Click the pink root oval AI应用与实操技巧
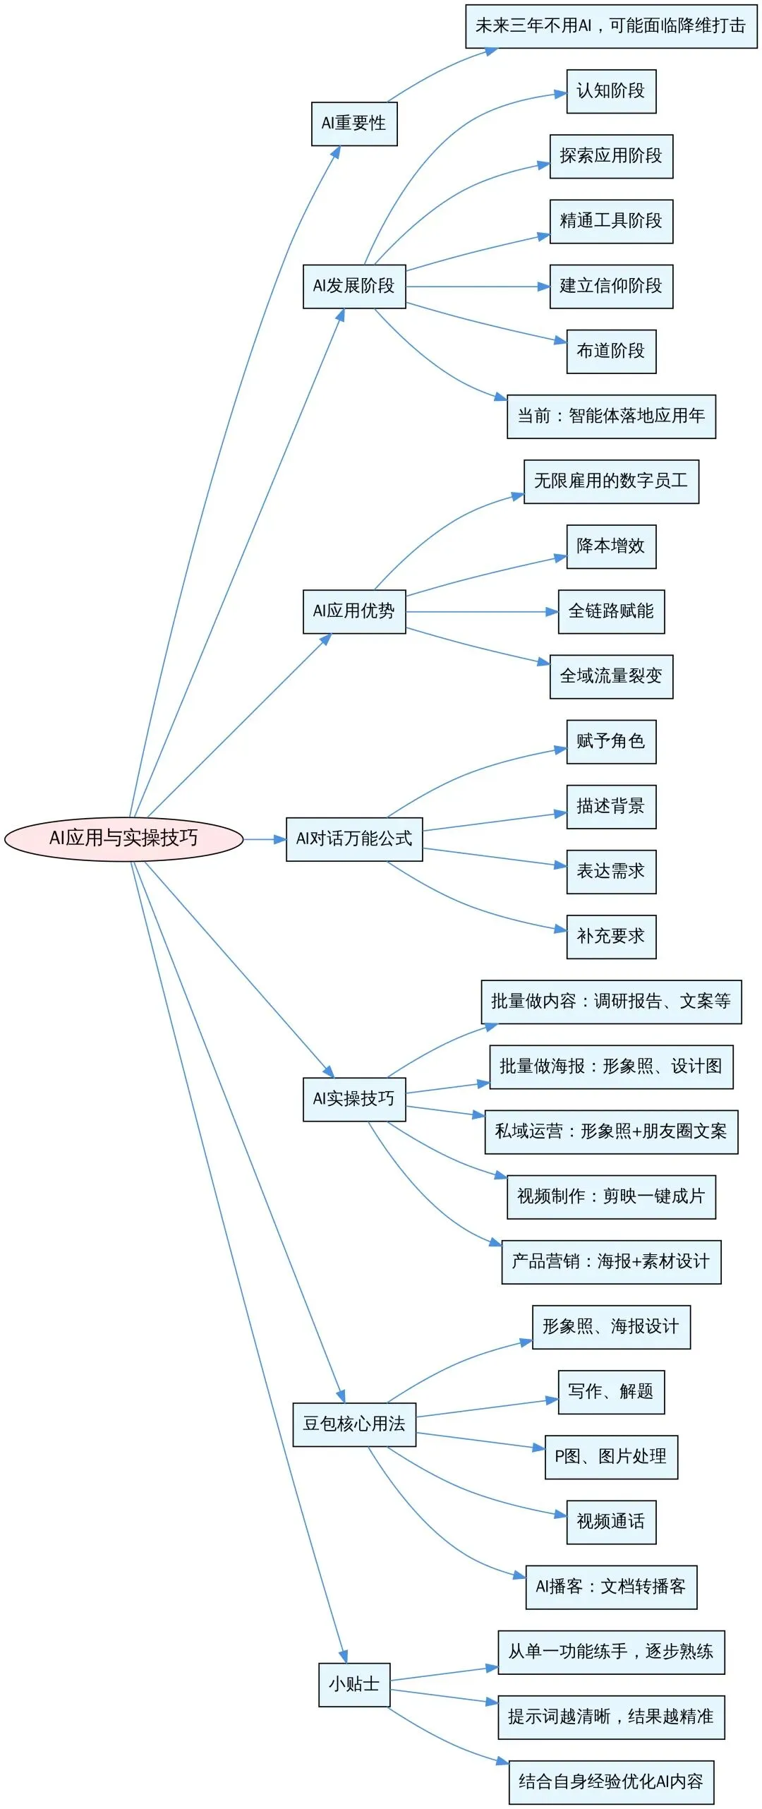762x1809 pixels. point(123,839)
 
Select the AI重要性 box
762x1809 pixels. point(354,124)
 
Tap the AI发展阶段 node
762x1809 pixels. point(354,286)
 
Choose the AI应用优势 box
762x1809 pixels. point(354,611)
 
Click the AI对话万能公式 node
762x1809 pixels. point(354,839)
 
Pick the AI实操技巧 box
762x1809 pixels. point(354,1099)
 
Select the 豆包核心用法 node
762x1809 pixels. point(354,1424)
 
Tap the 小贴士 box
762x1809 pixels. point(354,1685)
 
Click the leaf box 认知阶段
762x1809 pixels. point(611,91)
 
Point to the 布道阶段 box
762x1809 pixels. point(611,351)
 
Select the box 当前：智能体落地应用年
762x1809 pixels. point(611,416)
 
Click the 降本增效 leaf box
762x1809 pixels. point(611,546)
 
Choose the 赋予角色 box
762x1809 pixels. point(611,741)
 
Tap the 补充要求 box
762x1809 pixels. point(611,937)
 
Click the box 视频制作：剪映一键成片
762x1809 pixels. point(611,1196)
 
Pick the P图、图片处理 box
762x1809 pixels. point(611,1457)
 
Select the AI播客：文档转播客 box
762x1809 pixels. point(611,1587)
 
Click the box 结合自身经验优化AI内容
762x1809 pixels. point(611,1782)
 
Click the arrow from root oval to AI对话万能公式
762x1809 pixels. point(265,839)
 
